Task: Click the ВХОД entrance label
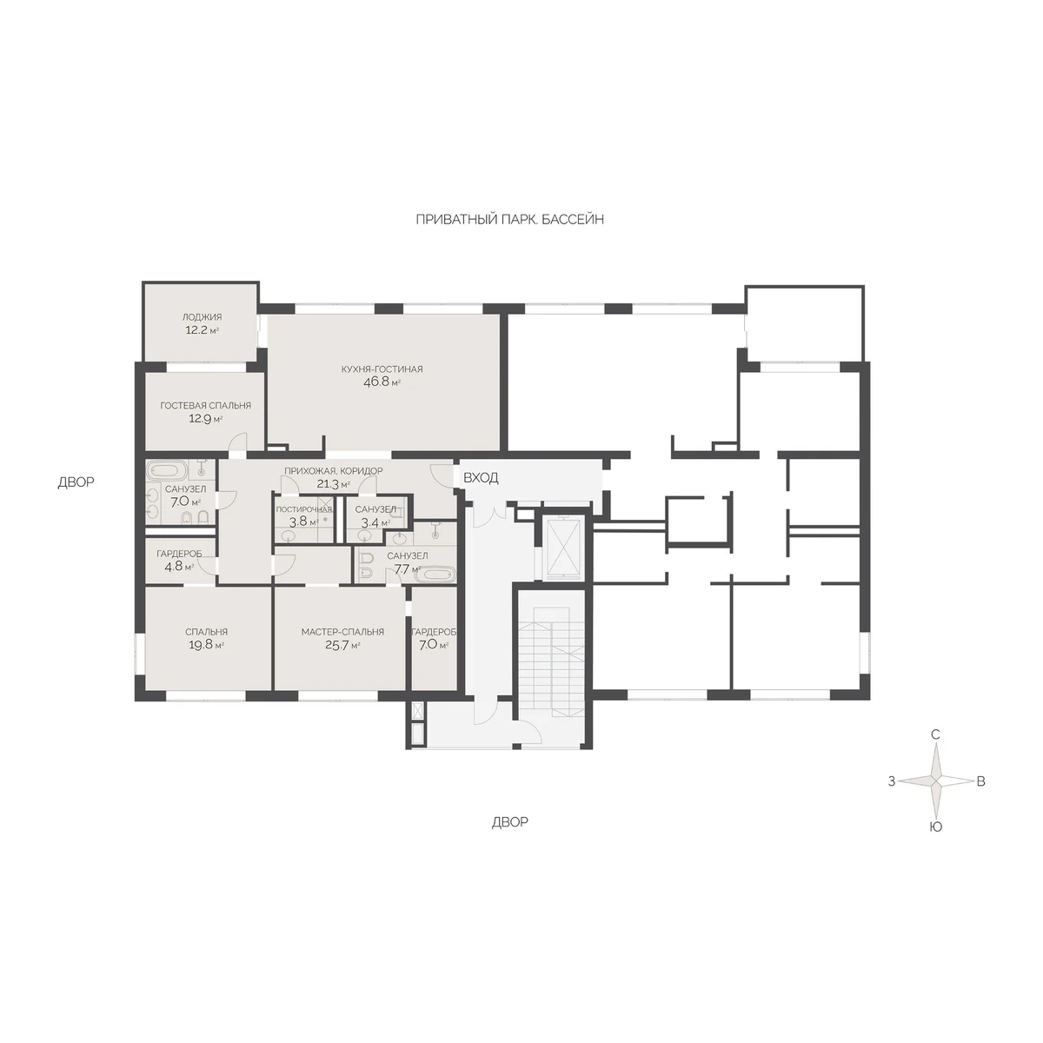point(481,478)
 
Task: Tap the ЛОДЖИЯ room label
point(202,317)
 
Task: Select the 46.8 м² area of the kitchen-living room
point(382,382)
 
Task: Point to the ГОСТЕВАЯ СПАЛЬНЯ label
point(206,405)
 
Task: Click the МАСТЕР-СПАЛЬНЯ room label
point(342,632)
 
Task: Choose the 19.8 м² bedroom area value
point(204,645)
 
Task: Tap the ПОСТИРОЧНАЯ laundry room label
point(304,509)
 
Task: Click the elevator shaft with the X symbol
point(565,548)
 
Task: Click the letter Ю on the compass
point(935,827)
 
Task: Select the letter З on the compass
point(892,781)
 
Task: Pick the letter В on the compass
point(980,781)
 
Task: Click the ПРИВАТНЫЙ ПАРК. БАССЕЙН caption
point(510,219)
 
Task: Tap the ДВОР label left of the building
point(76,482)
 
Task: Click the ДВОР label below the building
point(510,821)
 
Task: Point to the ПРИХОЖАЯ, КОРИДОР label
point(334,471)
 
